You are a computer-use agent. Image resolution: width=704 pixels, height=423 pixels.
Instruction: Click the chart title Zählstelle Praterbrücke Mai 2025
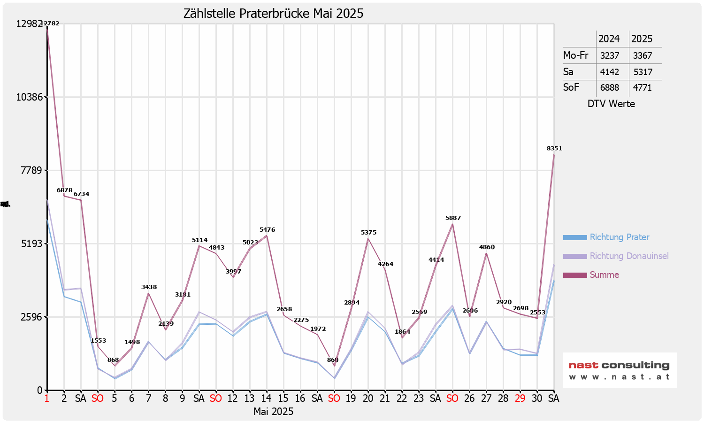pyautogui.click(x=273, y=14)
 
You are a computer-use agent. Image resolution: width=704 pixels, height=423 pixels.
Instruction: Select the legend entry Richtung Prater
pyautogui.click(x=619, y=237)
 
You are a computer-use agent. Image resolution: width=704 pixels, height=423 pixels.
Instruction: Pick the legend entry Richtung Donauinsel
pyautogui.click(x=629, y=256)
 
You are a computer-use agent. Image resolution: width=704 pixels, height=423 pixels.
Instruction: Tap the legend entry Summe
pyautogui.click(x=604, y=275)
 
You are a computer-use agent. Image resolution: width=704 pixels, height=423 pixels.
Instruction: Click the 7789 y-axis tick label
pyautogui.click(x=32, y=170)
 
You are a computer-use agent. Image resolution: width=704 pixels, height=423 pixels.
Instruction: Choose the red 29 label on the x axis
pyautogui.click(x=520, y=399)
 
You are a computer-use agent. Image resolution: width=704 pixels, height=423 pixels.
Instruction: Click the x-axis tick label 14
pyautogui.click(x=267, y=399)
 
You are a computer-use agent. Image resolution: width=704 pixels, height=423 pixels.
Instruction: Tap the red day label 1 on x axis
pyautogui.click(x=47, y=399)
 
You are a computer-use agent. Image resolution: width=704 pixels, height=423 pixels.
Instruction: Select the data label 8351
pyautogui.click(x=554, y=149)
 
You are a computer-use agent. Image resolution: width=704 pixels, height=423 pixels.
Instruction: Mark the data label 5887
pyautogui.click(x=453, y=218)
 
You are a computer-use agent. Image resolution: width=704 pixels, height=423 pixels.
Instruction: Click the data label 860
pyautogui.click(x=333, y=360)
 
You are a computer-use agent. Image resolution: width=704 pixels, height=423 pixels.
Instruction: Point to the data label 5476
pyautogui.click(x=267, y=230)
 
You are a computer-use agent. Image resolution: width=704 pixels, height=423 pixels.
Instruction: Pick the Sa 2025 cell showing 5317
pyautogui.click(x=643, y=72)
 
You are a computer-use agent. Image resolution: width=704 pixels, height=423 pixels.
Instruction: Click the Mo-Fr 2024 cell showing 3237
pyautogui.click(x=610, y=55)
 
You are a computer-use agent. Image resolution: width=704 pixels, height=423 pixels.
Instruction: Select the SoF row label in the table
pyautogui.click(x=571, y=87)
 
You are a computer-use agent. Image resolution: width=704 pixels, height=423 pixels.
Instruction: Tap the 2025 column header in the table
pyautogui.click(x=642, y=39)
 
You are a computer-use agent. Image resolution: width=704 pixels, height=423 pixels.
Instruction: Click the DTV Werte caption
pyautogui.click(x=611, y=104)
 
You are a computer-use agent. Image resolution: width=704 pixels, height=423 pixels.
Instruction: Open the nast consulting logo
pyautogui.click(x=620, y=370)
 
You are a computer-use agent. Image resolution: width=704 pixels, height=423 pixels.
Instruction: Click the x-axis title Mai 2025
pyautogui.click(x=273, y=412)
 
